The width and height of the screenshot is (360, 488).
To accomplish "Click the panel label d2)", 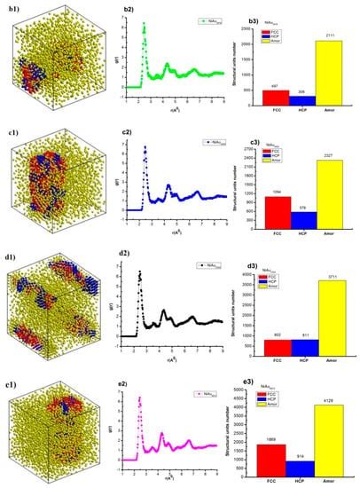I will pos(129,256).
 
